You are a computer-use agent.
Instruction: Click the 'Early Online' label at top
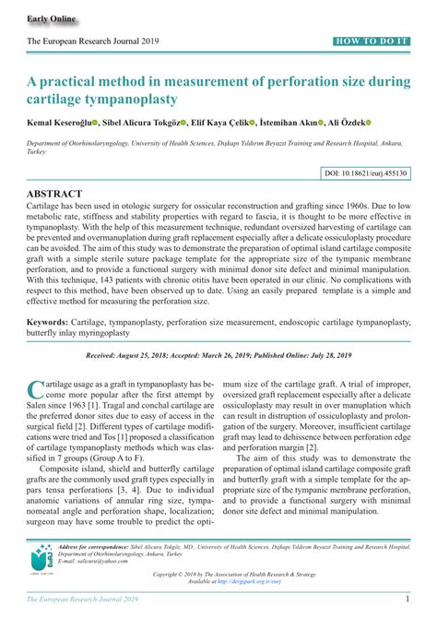[x=52, y=18]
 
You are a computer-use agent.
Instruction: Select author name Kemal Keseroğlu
[x=62, y=122]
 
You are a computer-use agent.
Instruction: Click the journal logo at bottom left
[x=41, y=562]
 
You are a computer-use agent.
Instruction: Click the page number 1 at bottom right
[x=407, y=601]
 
